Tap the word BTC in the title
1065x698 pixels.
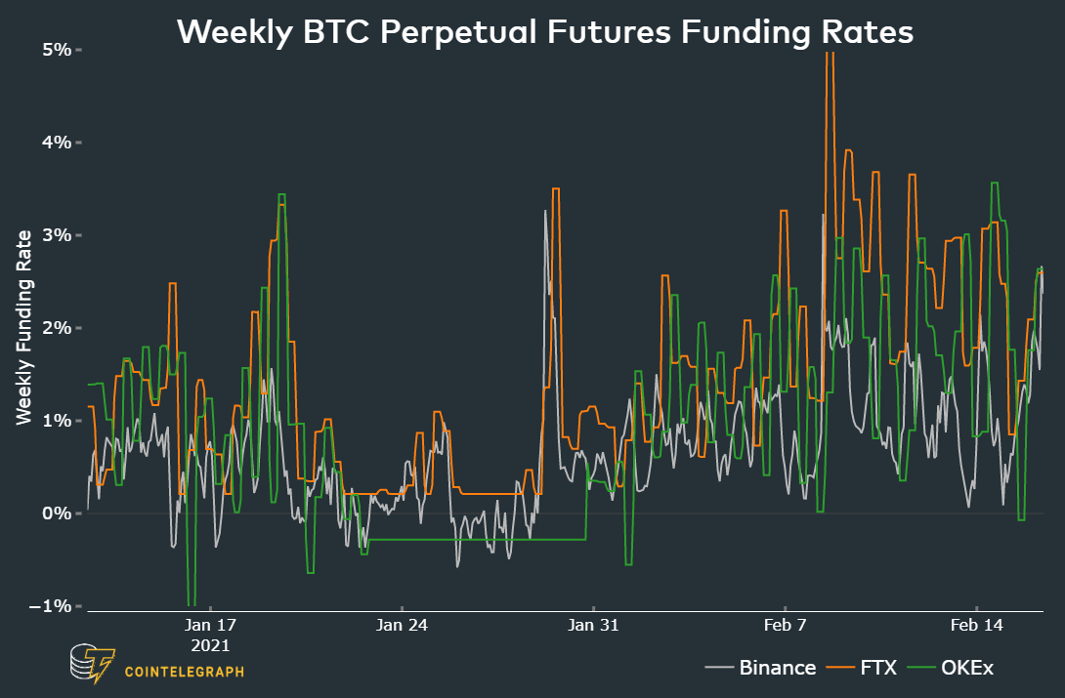pos(337,32)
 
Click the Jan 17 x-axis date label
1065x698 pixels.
pos(211,625)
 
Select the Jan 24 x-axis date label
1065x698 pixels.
pos(403,625)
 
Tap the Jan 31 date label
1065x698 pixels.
pos(594,625)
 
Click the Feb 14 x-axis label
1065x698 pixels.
pos(978,625)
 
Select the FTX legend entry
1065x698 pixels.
pos(876,668)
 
